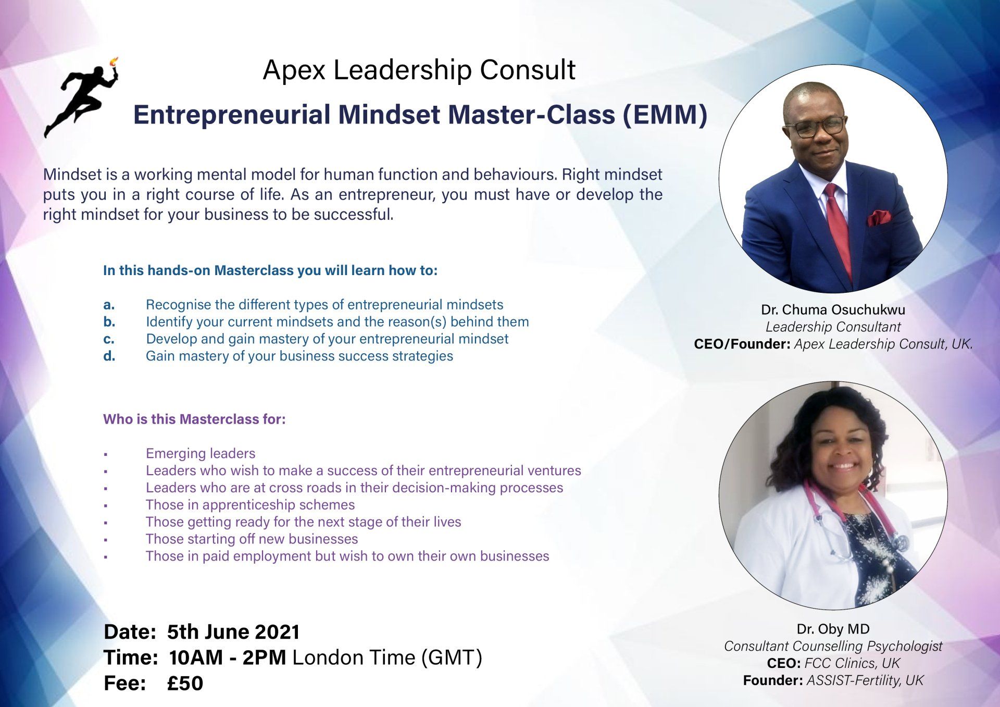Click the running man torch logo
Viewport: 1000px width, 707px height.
pyautogui.click(x=83, y=99)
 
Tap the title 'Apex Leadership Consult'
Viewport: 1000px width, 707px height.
pyautogui.click(x=419, y=70)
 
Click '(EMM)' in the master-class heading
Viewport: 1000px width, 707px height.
pyautogui.click(x=665, y=115)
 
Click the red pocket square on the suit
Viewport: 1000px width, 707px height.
pyautogui.click(x=879, y=217)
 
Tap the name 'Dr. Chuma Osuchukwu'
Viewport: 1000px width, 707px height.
pyautogui.click(x=833, y=310)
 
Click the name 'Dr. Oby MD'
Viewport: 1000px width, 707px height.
pyautogui.click(x=833, y=629)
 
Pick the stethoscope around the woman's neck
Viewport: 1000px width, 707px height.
pyautogui.click(x=854, y=521)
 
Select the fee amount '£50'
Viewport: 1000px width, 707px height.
pyautogui.click(x=185, y=683)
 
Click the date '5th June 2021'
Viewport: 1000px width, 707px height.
pyautogui.click(x=233, y=632)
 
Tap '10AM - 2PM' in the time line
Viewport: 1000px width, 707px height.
pyautogui.click(x=227, y=658)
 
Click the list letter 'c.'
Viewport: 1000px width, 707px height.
pyautogui.click(x=109, y=339)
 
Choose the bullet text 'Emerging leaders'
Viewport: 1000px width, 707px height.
pyautogui.click(x=201, y=454)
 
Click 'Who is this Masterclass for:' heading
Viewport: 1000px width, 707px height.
pyautogui.click(x=194, y=419)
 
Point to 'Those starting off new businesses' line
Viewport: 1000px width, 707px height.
pyautogui.click(x=252, y=539)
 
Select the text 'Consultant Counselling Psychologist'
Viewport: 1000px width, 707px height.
pyautogui.click(x=833, y=647)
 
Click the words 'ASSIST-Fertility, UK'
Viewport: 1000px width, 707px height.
pyautogui.click(x=865, y=680)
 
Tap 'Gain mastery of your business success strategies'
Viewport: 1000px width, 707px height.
pyautogui.click(x=299, y=356)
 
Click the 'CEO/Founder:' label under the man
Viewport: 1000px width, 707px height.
pyautogui.click(x=742, y=344)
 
